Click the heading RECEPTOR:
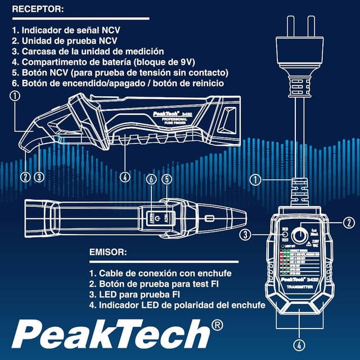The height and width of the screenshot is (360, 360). click(38, 10)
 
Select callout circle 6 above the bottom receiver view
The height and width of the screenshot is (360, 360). click(150, 179)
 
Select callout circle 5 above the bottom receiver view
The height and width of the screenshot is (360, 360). click(166, 179)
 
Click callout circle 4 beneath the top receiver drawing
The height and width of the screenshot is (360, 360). click(125, 176)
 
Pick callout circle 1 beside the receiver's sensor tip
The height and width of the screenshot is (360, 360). click(15, 96)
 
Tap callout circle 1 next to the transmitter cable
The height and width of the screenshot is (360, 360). click(256, 180)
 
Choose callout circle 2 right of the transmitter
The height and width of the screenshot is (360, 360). click(348, 222)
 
